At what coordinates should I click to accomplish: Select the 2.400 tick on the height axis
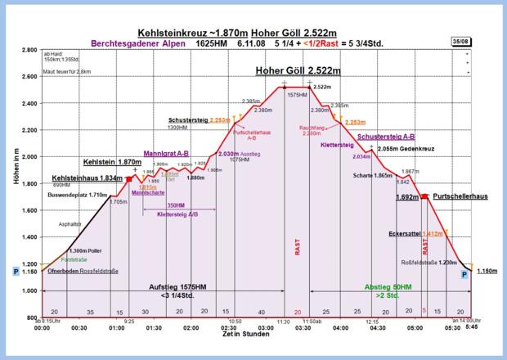(27, 104)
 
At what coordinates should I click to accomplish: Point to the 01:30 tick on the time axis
(153, 327)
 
